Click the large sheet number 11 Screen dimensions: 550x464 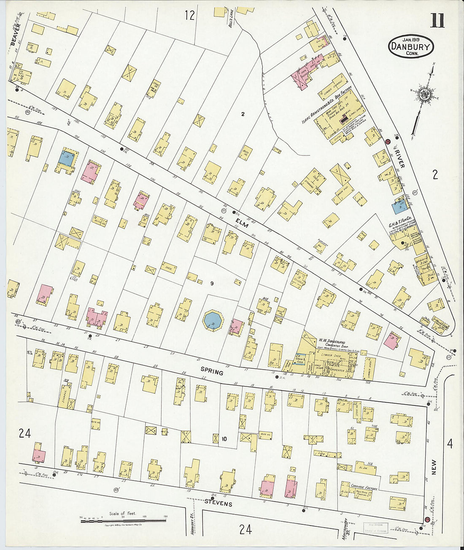437,20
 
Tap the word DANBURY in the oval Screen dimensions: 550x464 411,46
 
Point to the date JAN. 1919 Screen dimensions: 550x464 411,39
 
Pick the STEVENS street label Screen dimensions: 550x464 219,504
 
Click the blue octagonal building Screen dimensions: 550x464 213,320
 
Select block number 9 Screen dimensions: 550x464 212,284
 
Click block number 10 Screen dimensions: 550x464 224,439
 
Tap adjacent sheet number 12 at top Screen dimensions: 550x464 190,16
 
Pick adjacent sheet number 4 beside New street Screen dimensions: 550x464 450,443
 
